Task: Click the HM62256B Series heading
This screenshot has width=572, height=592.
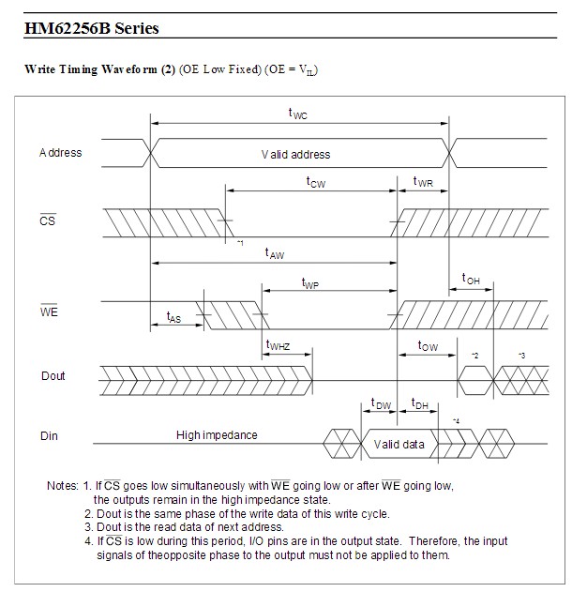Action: click(91, 28)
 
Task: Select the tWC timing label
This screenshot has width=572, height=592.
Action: click(297, 114)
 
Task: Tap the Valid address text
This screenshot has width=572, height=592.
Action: click(295, 155)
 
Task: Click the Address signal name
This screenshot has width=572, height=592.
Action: click(60, 153)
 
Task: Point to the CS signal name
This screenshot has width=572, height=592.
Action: click(47, 220)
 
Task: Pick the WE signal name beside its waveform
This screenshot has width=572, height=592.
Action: click(49, 311)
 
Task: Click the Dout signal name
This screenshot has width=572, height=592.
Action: click(53, 375)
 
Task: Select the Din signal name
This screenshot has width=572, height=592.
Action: click(49, 435)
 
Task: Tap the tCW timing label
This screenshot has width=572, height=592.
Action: click(316, 182)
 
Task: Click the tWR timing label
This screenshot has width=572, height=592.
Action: click(423, 182)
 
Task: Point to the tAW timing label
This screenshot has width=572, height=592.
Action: click(275, 253)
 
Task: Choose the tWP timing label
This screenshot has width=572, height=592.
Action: click(310, 283)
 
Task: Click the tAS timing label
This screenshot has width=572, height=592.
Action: click(173, 317)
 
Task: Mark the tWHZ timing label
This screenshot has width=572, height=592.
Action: click(278, 344)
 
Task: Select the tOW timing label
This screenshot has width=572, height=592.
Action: click(428, 345)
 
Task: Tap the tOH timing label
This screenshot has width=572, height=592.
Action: click(471, 279)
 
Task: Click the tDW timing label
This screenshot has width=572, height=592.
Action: click(381, 403)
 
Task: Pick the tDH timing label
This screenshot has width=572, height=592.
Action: click(419, 403)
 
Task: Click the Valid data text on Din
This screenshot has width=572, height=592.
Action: click(399, 445)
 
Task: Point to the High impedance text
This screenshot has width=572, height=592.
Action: click(217, 435)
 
